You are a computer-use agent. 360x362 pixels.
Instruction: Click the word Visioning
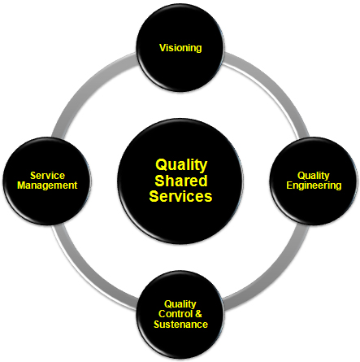180,48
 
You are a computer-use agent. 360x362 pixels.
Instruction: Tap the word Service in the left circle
47,176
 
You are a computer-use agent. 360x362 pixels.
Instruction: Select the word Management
47,185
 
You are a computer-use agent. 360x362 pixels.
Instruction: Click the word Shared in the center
181,181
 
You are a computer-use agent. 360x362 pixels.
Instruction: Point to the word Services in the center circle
180,196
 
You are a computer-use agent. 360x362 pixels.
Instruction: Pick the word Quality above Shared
181,165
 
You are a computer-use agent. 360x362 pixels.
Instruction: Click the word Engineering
314,185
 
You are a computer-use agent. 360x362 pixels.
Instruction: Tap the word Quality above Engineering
314,176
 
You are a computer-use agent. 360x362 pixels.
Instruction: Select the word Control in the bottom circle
176,314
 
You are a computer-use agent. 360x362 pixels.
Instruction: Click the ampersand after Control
198,314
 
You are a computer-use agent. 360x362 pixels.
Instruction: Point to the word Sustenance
180,325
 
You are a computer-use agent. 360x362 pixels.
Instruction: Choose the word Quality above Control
180,304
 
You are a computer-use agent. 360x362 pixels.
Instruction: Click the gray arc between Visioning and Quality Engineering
273,86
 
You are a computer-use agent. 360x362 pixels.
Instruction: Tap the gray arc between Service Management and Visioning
87,87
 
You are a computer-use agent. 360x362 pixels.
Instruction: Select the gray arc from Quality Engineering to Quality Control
274,274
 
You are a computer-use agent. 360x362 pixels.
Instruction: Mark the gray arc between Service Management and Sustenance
87,274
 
